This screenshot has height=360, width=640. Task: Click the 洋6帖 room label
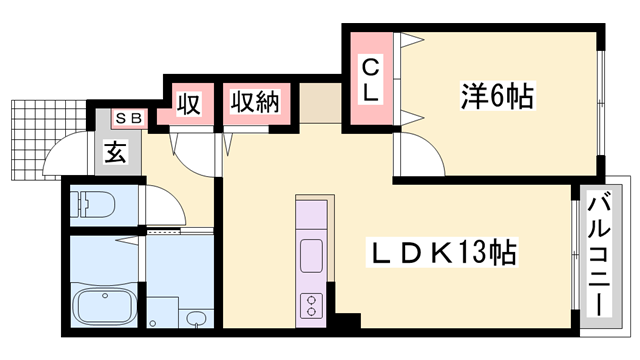[497, 96]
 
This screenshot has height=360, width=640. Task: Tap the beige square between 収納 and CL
[320, 103]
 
